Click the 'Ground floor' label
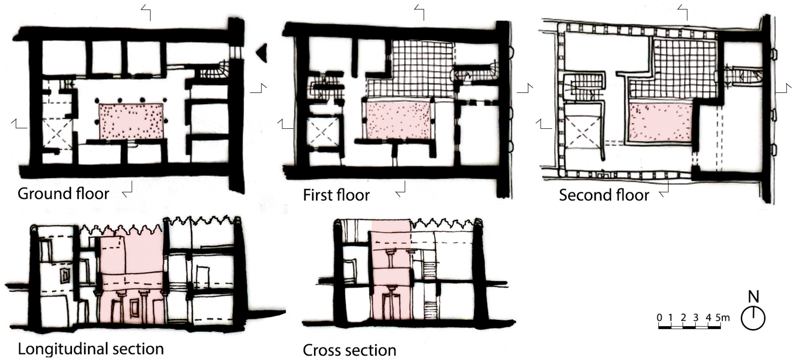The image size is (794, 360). coord(63,194)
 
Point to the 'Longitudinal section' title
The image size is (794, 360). coord(91,349)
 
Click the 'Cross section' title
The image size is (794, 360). coord(349,350)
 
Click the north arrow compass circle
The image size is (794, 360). coord(753,318)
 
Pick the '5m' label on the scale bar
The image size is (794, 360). coord(722,318)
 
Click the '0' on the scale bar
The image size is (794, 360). coord(659,318)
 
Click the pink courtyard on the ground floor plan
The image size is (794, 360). coord(131,121)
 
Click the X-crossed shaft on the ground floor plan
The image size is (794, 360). coord(57,134)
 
